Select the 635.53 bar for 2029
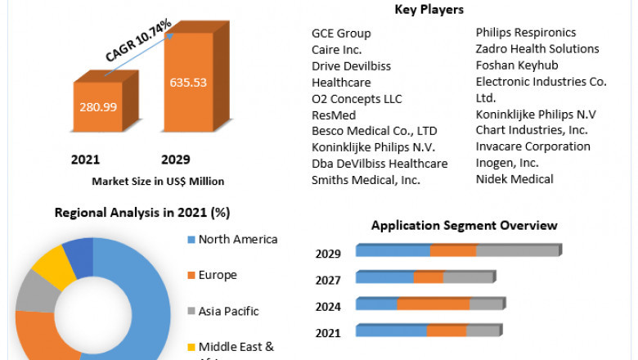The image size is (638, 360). [189, 83]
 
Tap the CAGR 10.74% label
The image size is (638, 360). [138, 41]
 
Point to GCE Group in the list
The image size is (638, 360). [341, 34]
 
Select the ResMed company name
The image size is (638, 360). [334, 115]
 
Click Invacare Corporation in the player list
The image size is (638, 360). [533, 146]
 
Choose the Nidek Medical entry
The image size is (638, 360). [514, 179]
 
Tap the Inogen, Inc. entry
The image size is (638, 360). [507, 163]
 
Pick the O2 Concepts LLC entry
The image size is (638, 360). [357, 99]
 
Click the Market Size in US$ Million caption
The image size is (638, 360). [158, 181]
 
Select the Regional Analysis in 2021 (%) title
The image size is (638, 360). [142, 213]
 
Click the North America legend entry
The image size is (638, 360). [237, 240]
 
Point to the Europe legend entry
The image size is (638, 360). [217, 275]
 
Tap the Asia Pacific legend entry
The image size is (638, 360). [228, 311]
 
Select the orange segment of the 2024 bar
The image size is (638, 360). [433, 304]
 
